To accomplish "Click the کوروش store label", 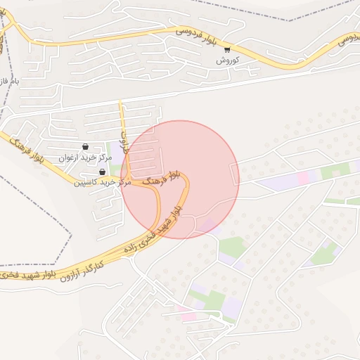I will pyautogui.click(x=228, y=61).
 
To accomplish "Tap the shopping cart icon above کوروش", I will pyautogui.click(x=227, y=50).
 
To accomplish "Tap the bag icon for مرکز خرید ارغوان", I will pyautogui.click(x=86, y=148).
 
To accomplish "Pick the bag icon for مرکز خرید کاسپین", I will pyautogui.click(x=103, y=172).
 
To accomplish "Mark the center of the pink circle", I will pyautogui.click(x=180, y=179).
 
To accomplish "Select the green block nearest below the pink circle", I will pyautogui.click(x=231, y=246).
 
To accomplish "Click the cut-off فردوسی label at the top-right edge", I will pyautogui.click(x=346, y=39).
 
